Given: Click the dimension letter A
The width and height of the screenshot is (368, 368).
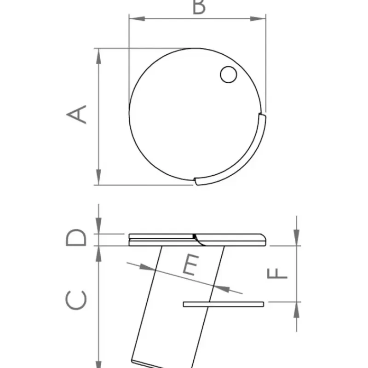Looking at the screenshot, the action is click(77, 114).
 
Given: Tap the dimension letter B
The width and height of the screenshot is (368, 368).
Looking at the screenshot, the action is click(199, 7).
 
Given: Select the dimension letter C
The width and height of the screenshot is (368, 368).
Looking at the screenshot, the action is click(76, 300).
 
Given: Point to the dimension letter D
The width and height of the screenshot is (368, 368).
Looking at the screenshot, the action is click(76, 237).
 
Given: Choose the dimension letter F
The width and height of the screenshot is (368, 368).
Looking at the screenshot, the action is click(277, 273).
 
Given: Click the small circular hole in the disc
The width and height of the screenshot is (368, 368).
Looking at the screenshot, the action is click(228, 75).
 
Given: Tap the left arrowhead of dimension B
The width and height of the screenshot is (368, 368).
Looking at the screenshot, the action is click(137, 18).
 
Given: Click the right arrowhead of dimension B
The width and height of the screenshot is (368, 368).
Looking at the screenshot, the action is click(258, 18).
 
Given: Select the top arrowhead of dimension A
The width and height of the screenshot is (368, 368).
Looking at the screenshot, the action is click(98, 56).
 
